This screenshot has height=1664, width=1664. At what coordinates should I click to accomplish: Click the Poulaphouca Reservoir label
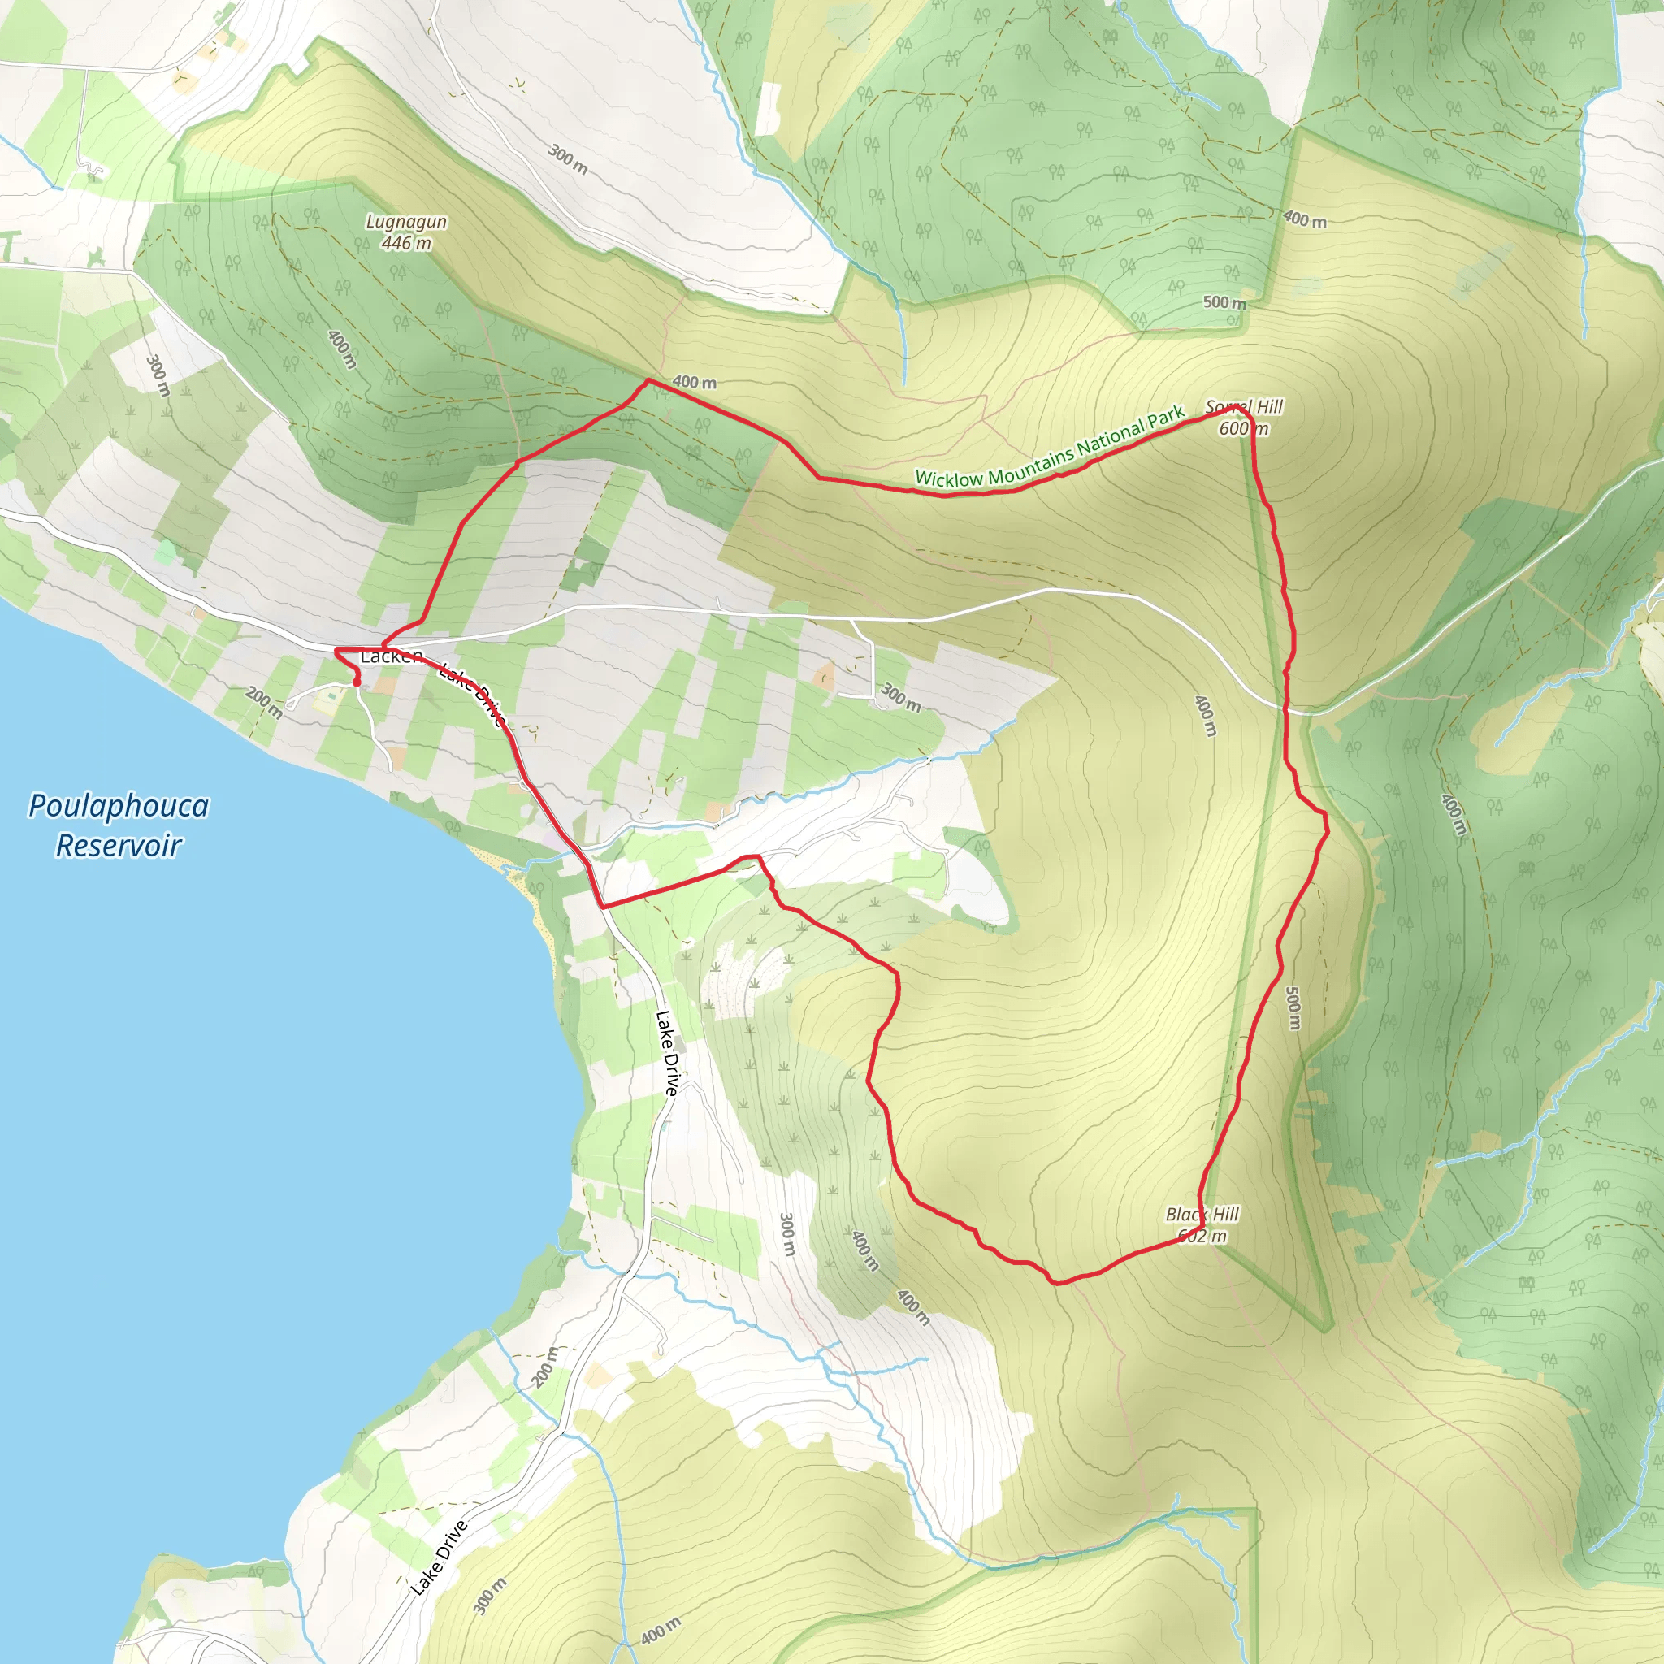119,825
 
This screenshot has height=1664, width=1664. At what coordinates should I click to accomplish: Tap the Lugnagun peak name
406,221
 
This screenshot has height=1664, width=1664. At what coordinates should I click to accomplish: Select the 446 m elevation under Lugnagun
406,244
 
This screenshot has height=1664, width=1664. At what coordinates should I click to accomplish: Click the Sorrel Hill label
1244,406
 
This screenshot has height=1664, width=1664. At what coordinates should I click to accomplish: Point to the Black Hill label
1202,1215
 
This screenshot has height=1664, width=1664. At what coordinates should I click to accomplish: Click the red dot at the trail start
357,683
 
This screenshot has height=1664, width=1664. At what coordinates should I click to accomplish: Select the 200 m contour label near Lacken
263,702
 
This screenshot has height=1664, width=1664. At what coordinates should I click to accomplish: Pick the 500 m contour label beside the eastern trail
1293,1007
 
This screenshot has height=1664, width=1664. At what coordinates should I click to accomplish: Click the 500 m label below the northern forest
1224,302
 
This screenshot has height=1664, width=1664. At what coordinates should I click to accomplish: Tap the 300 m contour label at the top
569,160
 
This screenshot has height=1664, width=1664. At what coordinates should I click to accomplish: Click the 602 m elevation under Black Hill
1202,1237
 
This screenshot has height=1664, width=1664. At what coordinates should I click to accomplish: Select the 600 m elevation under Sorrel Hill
1244,429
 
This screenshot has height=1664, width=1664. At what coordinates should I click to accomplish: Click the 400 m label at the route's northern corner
694,382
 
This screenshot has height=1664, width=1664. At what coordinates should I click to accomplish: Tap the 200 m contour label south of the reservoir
544,1367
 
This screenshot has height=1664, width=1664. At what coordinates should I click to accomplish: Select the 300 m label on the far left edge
158,375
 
